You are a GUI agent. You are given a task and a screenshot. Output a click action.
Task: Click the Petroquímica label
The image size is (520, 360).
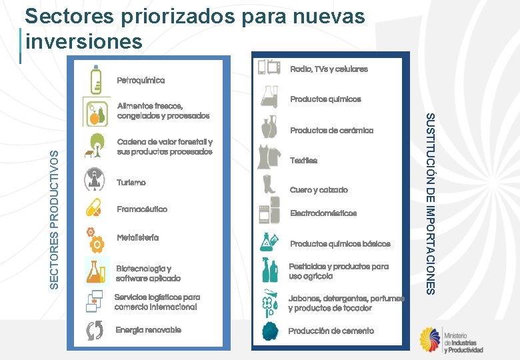141,80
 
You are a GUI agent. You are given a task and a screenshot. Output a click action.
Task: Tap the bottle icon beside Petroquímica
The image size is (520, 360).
97,79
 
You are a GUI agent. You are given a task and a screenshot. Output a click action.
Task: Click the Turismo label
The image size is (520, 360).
131,182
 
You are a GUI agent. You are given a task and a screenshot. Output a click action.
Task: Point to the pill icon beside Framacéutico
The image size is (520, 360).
94,209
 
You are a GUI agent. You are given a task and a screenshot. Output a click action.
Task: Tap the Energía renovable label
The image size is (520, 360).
148,330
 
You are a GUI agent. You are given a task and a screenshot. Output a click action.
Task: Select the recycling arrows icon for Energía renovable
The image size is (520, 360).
95,331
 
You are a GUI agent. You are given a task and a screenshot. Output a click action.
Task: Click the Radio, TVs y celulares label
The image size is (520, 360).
329,69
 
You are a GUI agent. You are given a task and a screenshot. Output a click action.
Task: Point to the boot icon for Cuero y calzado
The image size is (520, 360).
269,185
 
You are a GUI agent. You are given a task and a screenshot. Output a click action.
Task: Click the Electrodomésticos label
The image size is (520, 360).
323,213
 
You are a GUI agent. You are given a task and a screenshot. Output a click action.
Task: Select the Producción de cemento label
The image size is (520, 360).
331,331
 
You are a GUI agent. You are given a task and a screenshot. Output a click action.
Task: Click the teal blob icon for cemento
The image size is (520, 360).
270,331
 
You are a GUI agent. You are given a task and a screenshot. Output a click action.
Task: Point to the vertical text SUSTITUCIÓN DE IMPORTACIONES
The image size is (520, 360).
431,204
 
